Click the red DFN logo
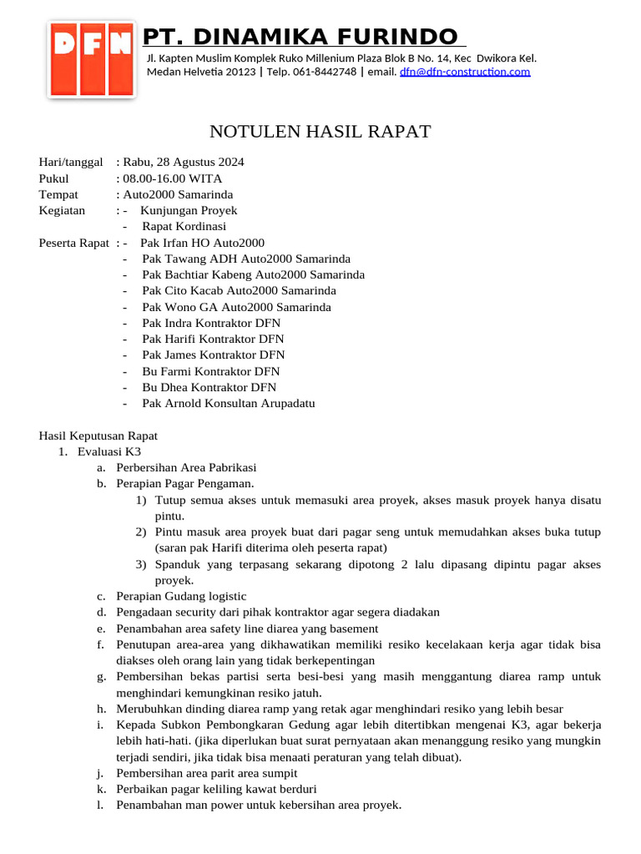pos(92,59)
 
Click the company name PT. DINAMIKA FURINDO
pos(301,37)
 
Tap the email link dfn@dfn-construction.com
pos(465,72)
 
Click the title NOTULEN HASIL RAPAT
pos(320,132)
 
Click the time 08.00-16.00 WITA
pos(173,178)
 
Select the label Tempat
pos(58,194)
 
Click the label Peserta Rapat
pos(74,243)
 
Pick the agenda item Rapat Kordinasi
pos(184,226)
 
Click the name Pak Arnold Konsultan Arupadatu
pos(229,403)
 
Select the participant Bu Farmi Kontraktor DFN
pos(211,371)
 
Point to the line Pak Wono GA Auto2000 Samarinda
pos(236,307)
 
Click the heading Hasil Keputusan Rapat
pos(98,435)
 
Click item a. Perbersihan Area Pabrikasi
pos(186,467)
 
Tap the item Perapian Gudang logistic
pos(181,596)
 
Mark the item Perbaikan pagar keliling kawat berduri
pos(216,789)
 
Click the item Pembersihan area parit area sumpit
pos(206,773)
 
